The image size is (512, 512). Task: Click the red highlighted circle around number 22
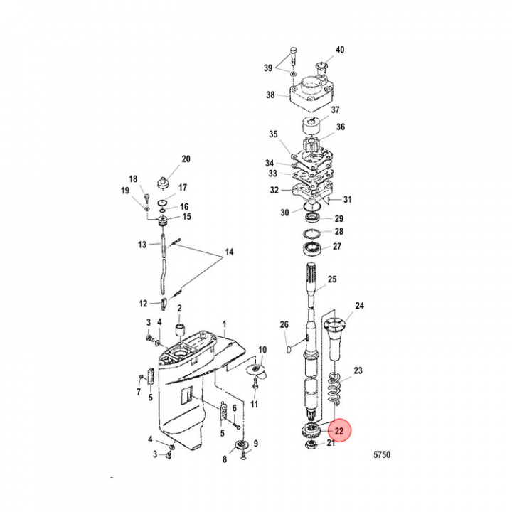[x=339, y=430]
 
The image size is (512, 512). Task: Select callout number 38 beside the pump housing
[x=270, y=95]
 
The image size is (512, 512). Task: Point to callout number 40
[x=340, y=50]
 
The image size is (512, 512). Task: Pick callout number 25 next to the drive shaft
[x=331, y=279]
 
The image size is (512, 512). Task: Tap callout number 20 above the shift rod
[x=186, y=159]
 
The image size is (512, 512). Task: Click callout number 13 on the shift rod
[x=142, y=244]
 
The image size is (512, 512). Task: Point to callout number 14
[x=229, y=252]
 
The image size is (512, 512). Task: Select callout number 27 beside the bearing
[x=338, y=247]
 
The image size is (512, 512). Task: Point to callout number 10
[x=262, y=349]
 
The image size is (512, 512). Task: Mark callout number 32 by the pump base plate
[x=274, y=190]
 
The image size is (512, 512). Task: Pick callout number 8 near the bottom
[x=225, y=459]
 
